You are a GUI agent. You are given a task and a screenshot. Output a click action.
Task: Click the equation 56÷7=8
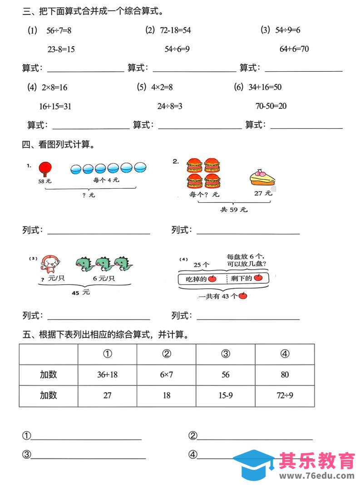pyautogui.click(x=59, y=30)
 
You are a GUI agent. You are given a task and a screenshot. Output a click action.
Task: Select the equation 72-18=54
pyautogui.click(x=175, y=30)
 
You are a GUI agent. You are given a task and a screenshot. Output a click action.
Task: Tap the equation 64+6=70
pyautogui.click(x=294, y=49)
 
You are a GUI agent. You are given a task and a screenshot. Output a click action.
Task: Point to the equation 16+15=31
pyautogui.click(x=55, y=107)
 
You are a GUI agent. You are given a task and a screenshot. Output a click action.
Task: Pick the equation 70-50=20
pyautogui.click(x=271, y=107)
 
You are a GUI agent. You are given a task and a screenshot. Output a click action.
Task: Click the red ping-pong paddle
pyautogui.click(x=44, y=169)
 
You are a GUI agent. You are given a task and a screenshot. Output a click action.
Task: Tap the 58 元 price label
pyautogui.click(x=45, y=181)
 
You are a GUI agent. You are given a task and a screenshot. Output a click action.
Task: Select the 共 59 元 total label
pyautogui.click(x=234, y=210)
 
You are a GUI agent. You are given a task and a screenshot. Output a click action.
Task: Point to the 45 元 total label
pyautogui.click(x=81, y=293)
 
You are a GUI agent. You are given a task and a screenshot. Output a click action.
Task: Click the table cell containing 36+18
pyautogui.click(x=107, y=375)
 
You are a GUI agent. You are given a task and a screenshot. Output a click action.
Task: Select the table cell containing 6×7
pyautogui.click(x=167, y=375)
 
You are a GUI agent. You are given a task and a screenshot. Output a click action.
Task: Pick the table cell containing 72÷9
pyautogui.click(x=285, y=396)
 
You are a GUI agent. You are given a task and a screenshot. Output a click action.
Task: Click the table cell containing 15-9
pyautogui.click(x=226, y=396)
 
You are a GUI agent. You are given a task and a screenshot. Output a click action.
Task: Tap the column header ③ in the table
pyautogui.click(x=226, y=354)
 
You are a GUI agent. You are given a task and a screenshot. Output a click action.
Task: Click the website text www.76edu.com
pyautogui.click(x=316, y=476)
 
